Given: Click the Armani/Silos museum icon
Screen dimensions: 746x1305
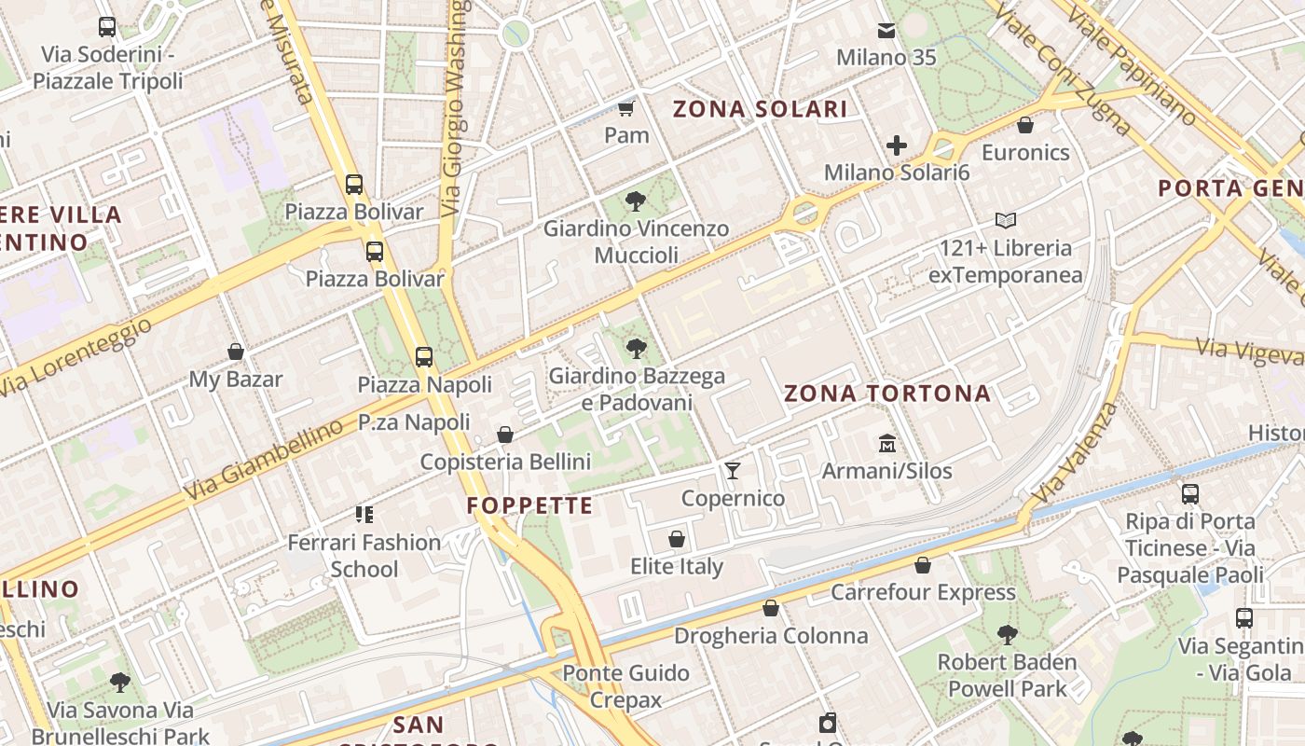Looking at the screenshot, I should coord(886,443).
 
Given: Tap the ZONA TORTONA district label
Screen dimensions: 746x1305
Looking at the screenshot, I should coord(887,394).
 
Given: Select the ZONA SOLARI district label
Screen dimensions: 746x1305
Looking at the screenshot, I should coord(761,109).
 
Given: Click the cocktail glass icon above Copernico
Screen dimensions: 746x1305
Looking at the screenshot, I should coord(733,470).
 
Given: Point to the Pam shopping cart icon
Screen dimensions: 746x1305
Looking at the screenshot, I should coord(626,108).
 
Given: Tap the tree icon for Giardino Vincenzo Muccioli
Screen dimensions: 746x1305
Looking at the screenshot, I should coord(636,200).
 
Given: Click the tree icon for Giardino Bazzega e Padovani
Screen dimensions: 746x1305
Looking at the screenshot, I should coord(637,349).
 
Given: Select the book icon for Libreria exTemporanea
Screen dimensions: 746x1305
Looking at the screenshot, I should coord(1005,221).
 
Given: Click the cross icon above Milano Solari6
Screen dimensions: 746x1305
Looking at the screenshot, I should coord(897,145).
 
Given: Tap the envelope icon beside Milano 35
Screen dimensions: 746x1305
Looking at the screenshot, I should coord(886,31).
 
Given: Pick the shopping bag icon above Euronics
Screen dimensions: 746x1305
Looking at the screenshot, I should coord(1025,125).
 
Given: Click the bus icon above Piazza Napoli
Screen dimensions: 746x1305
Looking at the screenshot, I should coord(424,356).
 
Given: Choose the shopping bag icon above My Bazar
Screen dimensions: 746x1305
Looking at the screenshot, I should coord(236,352).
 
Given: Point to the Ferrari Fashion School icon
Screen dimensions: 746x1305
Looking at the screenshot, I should coord(364,514).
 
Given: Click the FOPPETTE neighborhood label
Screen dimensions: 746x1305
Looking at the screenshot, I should coord(529,506).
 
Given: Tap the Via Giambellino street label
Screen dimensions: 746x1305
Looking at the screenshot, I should coord(263,460).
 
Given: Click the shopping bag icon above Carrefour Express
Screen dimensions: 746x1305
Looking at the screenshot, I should coord(923,565).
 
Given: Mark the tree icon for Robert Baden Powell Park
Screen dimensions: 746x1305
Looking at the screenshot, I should coord(1007,635).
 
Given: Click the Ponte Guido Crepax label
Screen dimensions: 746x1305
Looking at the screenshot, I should coord(625,686).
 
